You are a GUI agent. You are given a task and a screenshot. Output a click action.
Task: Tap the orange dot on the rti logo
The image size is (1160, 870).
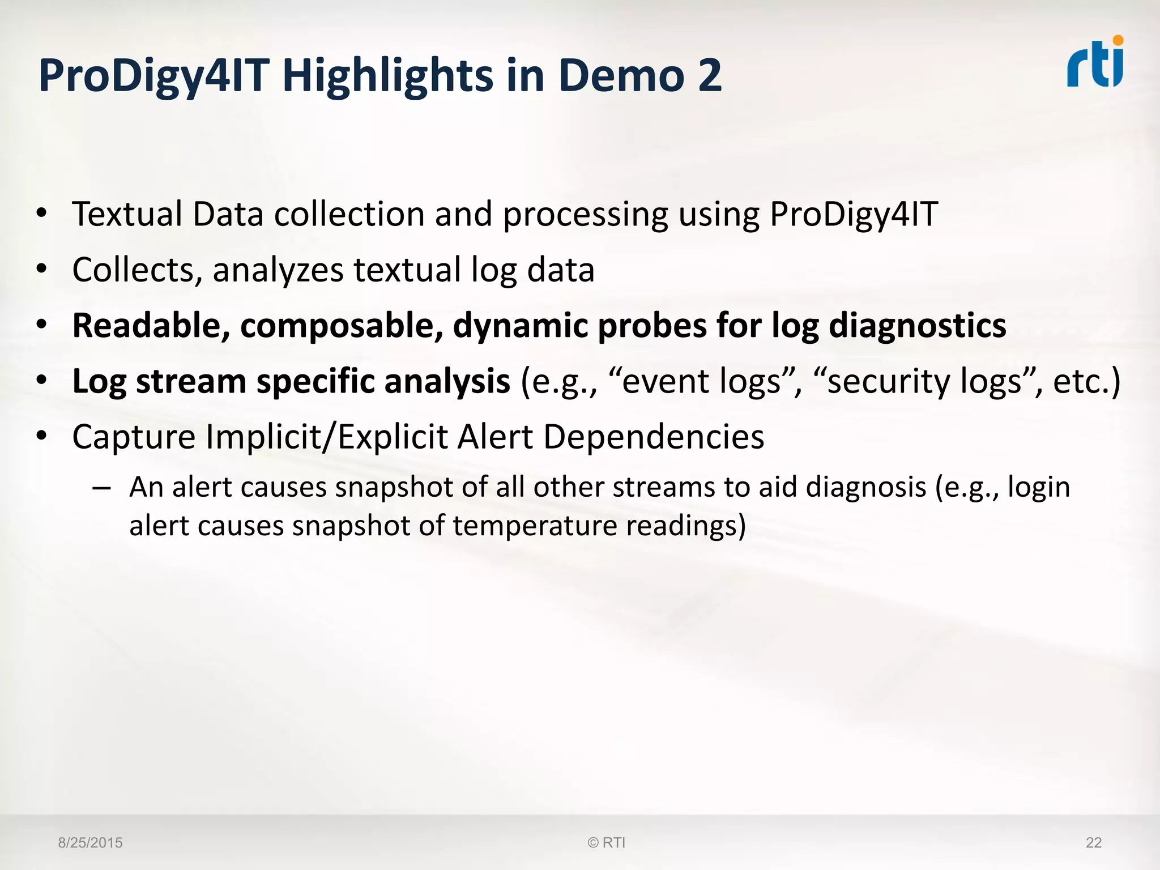[1118, 41]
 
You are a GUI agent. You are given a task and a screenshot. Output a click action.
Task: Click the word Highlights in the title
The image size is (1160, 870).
[388, 76]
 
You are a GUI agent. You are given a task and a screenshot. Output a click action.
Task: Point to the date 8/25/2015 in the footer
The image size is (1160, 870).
[90, 843]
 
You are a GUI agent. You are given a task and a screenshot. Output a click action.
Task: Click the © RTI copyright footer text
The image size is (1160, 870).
[606, 843]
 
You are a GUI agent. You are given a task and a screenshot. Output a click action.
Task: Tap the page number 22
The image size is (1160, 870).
[1093, 843]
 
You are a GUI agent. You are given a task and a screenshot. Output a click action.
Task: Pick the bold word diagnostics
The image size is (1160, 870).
[917, 326]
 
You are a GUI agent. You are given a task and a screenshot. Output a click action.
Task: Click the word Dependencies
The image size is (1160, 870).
[654, 437]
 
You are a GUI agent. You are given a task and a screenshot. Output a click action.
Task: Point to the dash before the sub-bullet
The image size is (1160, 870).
[101, 488]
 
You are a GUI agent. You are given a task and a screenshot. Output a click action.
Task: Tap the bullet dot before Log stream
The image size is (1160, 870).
[41, 381]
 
